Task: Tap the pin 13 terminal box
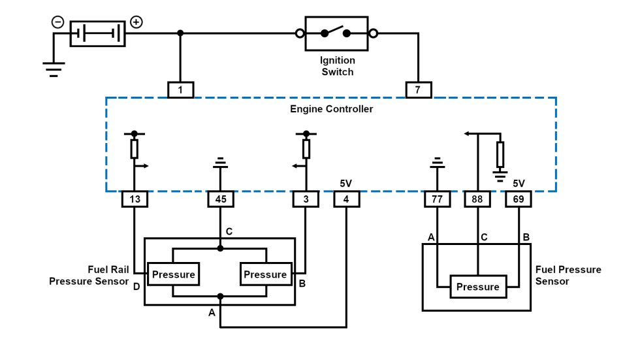[x=135, y=199]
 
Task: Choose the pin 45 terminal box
[x=220, y=199]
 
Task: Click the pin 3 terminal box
[x=306, y=199]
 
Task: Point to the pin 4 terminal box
[x=346, y=199]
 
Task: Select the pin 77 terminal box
[x=436, y=199]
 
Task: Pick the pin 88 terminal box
[x=477, y=199]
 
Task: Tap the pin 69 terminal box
[x=519, y=199]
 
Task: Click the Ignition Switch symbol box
[x=336, y=33]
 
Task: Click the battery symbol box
[x=97, y=33]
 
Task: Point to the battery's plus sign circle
[x=136, y=22]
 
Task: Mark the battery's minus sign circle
[x=58, y=22]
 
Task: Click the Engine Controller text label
[x=331, y=109]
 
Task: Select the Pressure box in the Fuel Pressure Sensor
[x=477, y=287]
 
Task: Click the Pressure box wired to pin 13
[x=173, y=274]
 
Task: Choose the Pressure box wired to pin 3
[x=265, y=274]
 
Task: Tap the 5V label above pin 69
[x=519, y=184]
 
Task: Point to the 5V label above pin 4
[x=346, y=184]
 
